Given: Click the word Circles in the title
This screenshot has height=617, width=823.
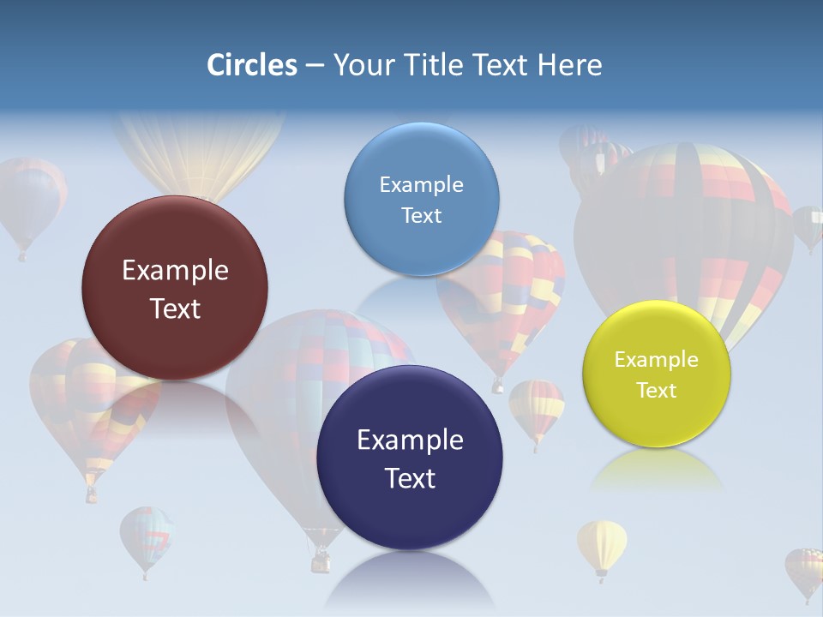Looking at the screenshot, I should pos(251,65).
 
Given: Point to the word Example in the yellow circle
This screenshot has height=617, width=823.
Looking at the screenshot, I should pos(656,360).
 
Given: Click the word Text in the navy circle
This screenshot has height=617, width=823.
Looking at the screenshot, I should pos(410,478).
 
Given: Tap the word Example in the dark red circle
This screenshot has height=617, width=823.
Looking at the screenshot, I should pos(175,271).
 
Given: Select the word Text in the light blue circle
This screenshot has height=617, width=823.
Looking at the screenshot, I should pos(421,216).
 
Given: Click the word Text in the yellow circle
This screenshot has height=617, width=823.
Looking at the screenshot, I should pos(657,391).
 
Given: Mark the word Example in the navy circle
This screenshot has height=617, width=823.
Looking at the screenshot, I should pos(410,440).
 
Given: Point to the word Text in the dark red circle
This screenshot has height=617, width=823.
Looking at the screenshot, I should pos(175,308).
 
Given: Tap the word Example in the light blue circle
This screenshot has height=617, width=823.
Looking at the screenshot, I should pos(421,185).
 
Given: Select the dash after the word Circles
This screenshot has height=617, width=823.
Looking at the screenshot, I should pos(314,65).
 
